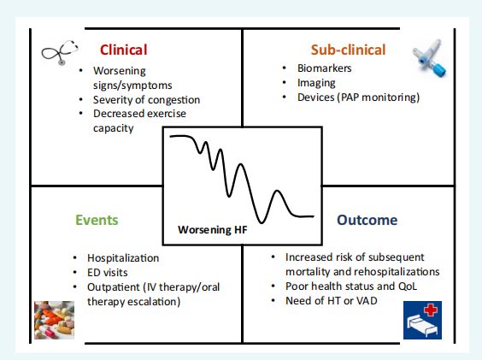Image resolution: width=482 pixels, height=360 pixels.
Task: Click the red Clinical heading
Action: (124, 50)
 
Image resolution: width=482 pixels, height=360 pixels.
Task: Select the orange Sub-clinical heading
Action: (349, 50)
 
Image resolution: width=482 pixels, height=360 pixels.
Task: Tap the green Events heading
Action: (97, 220)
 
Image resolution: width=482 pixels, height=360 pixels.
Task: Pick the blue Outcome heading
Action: (367, 220)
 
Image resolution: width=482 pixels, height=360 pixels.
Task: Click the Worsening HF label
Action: (213, 229)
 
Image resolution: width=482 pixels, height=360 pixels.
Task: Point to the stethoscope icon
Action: (60, 53)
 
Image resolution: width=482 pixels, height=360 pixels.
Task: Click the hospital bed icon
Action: (422, 320)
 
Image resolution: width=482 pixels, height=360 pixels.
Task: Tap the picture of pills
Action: (54, 320)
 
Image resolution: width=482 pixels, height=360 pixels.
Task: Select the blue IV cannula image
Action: (429, 58)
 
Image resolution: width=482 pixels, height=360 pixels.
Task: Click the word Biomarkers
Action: (324, 68)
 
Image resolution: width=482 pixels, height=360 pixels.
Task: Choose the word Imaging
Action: (316, 83)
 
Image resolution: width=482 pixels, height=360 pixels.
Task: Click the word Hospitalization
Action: (123, 258)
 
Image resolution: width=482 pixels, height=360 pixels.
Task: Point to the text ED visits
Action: (108, 272)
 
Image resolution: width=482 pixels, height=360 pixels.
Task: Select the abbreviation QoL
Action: (408, 286)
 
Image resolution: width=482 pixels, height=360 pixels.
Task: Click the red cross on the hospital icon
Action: (431, 310)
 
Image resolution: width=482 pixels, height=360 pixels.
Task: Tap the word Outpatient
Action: (114, 287)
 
